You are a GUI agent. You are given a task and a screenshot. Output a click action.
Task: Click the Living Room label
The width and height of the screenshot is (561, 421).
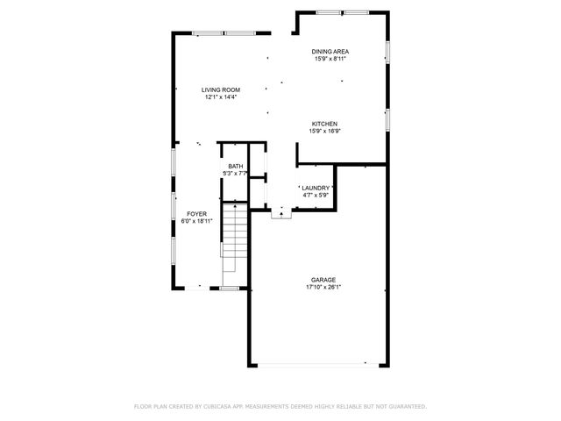point(221,89)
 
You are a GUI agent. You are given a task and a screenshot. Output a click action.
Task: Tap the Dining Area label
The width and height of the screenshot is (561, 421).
point(330,53)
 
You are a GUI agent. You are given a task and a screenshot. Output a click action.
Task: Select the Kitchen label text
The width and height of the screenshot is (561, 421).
point(323,124)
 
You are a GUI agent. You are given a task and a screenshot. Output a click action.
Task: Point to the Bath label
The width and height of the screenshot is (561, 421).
point(236,167)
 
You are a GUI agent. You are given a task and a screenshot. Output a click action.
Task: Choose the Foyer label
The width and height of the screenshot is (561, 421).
point(196,214)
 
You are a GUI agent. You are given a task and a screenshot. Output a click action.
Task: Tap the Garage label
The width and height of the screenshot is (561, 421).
point(323,280)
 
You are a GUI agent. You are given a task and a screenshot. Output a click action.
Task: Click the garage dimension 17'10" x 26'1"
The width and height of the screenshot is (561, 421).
point(323,287)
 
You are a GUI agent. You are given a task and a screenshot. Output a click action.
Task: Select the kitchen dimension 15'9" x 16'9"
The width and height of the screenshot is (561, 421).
point(323,132)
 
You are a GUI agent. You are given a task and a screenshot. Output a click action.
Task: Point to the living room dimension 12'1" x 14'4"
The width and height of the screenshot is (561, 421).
point(221,97)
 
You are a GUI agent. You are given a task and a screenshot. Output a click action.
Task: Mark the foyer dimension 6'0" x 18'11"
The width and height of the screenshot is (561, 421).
point(196,221)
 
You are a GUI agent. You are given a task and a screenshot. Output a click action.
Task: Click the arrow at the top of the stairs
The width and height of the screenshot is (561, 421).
point(235,207)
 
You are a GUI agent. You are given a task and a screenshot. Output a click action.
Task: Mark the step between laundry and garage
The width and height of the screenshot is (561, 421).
point(280,213)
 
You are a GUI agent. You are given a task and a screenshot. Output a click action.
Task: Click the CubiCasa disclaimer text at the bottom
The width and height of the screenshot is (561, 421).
point(280,406)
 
